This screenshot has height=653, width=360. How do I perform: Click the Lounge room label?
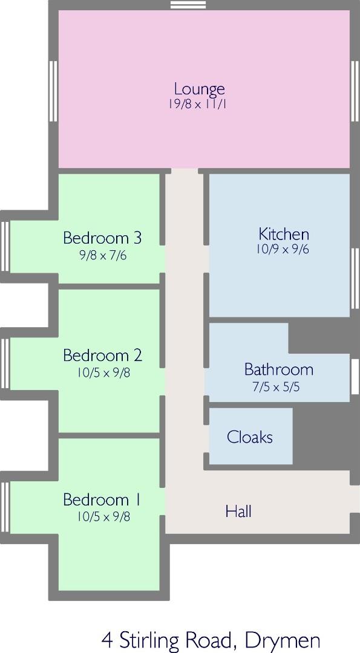(x=200, y=89)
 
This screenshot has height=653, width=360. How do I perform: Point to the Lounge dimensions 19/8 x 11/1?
(x=197, y=104)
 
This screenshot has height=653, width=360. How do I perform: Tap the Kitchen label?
(x=284, y=234)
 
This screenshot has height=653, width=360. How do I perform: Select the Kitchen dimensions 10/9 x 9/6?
(x=283, y=249)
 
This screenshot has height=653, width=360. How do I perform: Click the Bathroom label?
(x=279, y=369)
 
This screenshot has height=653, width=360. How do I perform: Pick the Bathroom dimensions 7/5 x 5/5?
(x=276, y=387)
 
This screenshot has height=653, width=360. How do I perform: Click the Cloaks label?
(x=250, y=437)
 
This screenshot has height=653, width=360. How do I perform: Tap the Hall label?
(x=238, y=511)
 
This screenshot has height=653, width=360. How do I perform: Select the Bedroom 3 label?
(x=102, y=238)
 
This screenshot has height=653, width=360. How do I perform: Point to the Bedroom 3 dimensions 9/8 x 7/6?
(x=103, y=255)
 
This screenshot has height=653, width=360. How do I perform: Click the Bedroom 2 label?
(x=102, y=356)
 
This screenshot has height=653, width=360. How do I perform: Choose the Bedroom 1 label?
(x=102, y=499)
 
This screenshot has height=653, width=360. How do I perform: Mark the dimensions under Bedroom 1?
(x=103, y=516)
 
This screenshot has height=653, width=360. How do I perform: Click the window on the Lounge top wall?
(x=188, y=5)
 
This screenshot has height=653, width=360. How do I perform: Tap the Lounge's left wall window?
(x=53, y=91)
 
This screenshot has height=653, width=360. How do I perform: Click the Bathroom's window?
(x=355, y=377)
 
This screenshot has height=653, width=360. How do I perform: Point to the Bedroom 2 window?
(x=5, y=364)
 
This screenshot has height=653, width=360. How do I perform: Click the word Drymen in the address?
(x=283, y=640)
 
